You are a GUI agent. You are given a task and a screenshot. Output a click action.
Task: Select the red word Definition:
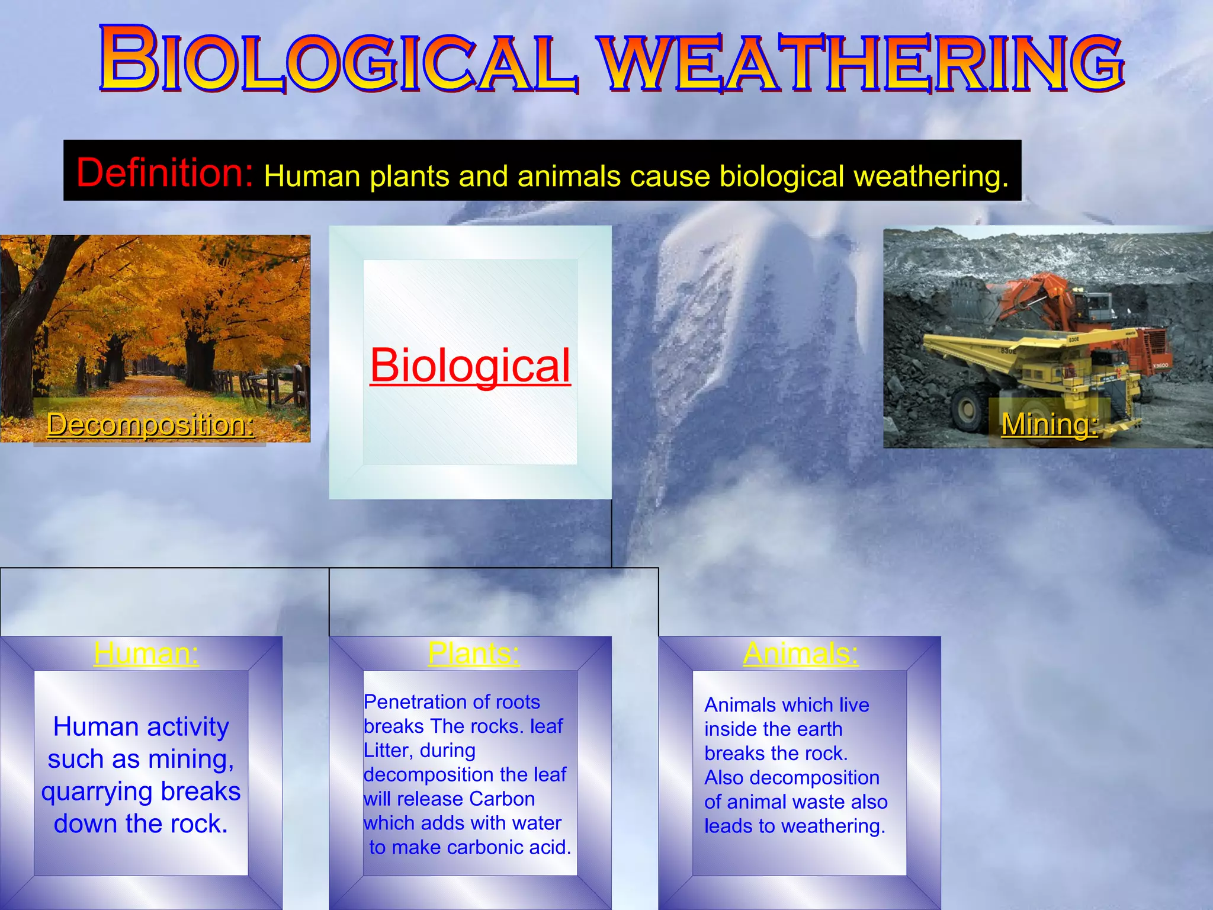(165, 173)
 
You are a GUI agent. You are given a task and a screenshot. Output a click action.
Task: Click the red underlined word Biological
(470, 366)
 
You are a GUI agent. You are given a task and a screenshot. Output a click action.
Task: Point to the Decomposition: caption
(150, 425)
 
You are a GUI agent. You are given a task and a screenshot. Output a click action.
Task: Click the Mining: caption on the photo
(1049, 424)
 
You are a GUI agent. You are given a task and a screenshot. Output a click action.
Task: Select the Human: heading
(146, 653)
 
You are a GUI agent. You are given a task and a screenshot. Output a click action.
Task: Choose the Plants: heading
(474, 653)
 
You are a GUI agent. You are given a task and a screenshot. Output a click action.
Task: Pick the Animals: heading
(801, 653)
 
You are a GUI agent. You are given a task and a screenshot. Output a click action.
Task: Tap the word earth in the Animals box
(819, 729)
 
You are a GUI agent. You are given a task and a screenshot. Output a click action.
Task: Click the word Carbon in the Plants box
(502, 799)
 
